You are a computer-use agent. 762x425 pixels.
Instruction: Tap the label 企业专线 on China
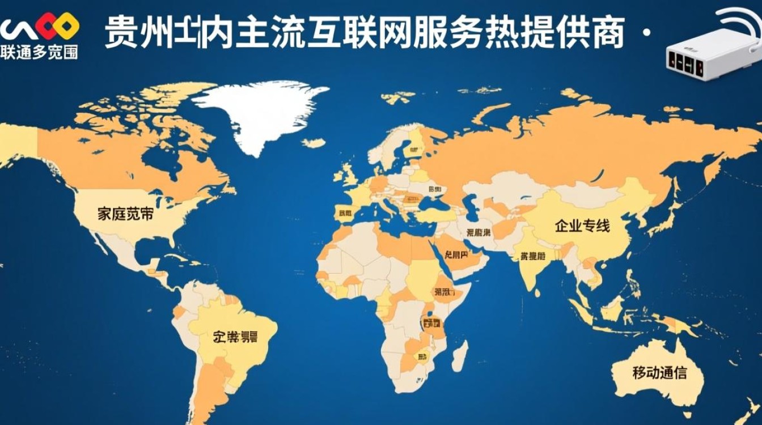[x=582, y=226]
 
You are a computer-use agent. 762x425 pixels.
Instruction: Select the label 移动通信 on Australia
[x=659, y=372]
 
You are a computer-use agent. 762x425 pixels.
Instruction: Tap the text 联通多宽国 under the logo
[x=39, y=53]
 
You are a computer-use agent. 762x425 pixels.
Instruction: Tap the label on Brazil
[x=235, y=337]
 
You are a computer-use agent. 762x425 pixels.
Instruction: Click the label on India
[x=532, y=256]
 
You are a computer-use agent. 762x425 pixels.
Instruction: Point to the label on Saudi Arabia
[x=458, y=254]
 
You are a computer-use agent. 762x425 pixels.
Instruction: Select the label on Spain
[x=345, y=214]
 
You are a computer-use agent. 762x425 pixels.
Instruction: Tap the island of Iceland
[x=314, y=143]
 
